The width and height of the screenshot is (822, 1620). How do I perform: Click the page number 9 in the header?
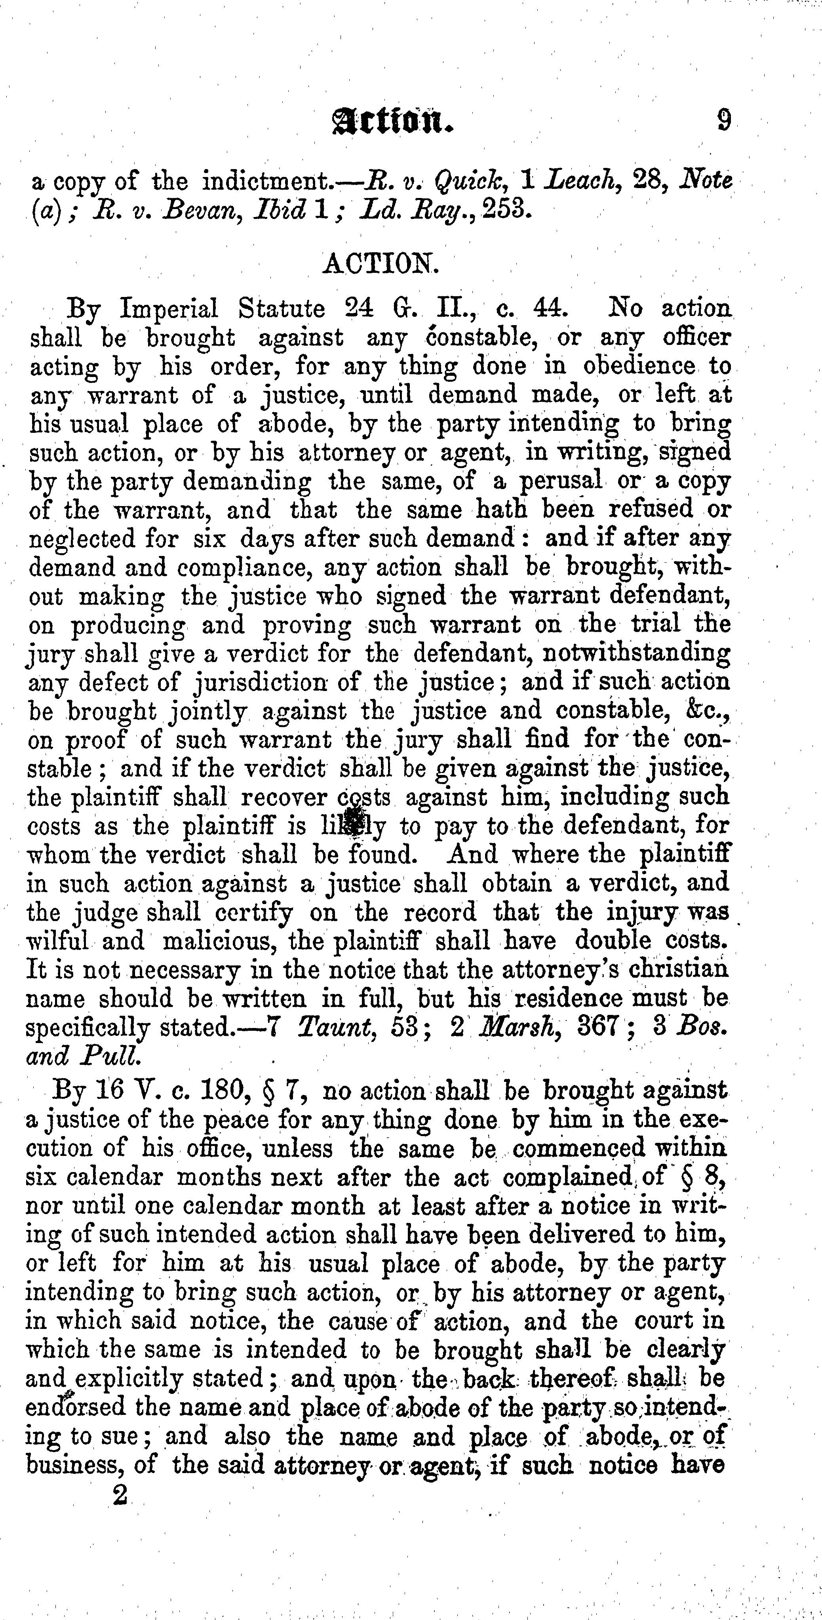tap(724, 120)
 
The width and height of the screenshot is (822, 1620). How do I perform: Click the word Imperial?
tap(169, 309)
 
